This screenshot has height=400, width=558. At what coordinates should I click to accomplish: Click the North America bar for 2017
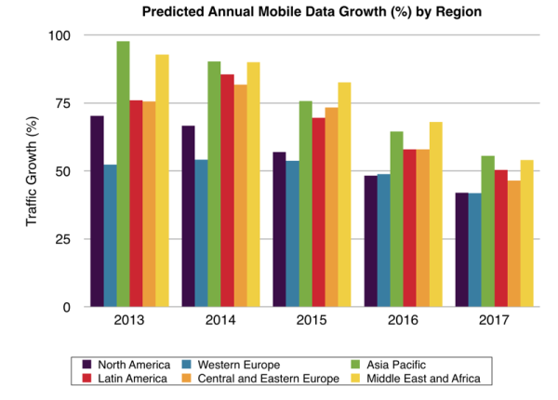461,250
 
